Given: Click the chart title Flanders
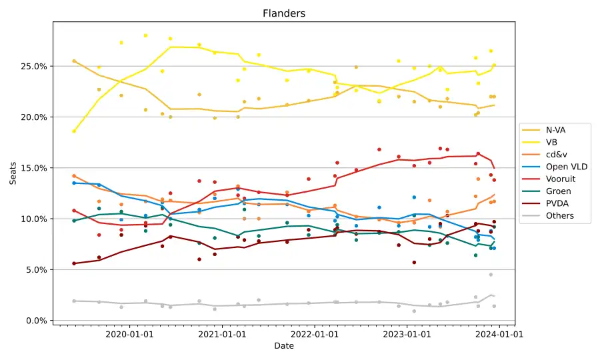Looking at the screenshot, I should point(284,13).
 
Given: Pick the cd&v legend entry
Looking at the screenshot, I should point(556,155).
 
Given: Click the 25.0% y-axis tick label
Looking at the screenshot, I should point(33,67).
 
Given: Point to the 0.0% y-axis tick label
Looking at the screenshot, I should point(35,321).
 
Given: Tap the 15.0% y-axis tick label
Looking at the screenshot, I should point(33,168).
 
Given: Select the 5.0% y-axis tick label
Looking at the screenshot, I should point(35,270).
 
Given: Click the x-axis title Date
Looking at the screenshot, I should point(283,346).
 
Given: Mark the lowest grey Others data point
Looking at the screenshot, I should point(414,311).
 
